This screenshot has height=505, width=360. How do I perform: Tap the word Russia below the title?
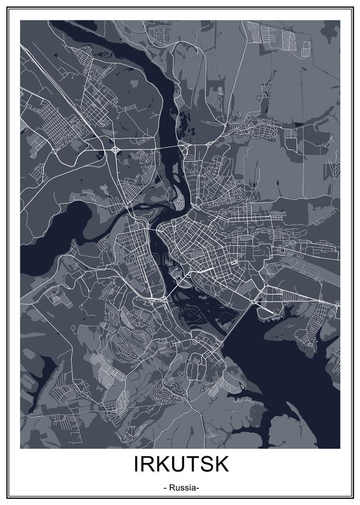[180, 488]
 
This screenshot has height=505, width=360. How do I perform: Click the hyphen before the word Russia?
[164, 488]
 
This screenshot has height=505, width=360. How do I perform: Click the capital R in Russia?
[170, 488]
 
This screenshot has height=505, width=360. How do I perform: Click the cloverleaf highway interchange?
[114, 150]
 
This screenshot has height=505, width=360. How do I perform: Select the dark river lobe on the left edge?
[45, 236]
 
